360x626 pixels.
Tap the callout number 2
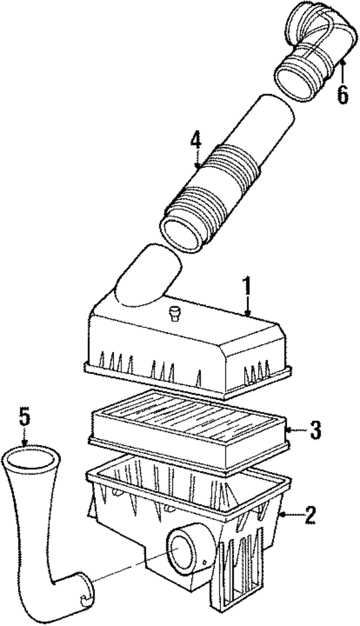pyautogui.click(x=310, y=515)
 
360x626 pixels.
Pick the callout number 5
pyautogui.click(x=24, y=417)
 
